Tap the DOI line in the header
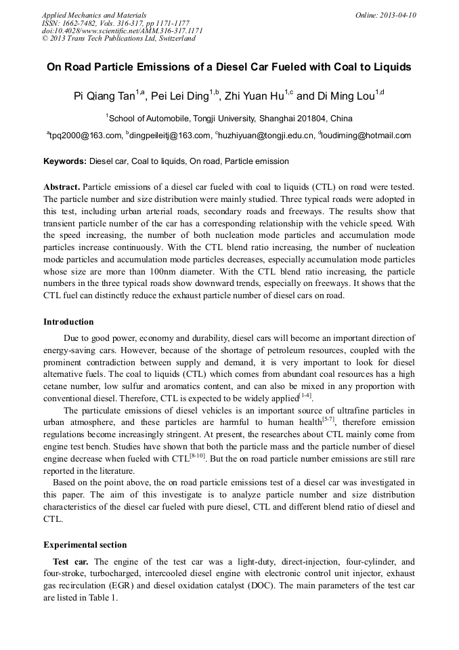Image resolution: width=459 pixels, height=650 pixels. click(123, 31)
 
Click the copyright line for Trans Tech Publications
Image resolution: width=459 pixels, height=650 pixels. click(118, 39)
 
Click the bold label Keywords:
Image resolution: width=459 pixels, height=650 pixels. click(65, 162)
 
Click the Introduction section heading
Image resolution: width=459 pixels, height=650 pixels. click(68, 322)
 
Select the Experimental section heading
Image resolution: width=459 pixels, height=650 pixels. click(85, 545)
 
